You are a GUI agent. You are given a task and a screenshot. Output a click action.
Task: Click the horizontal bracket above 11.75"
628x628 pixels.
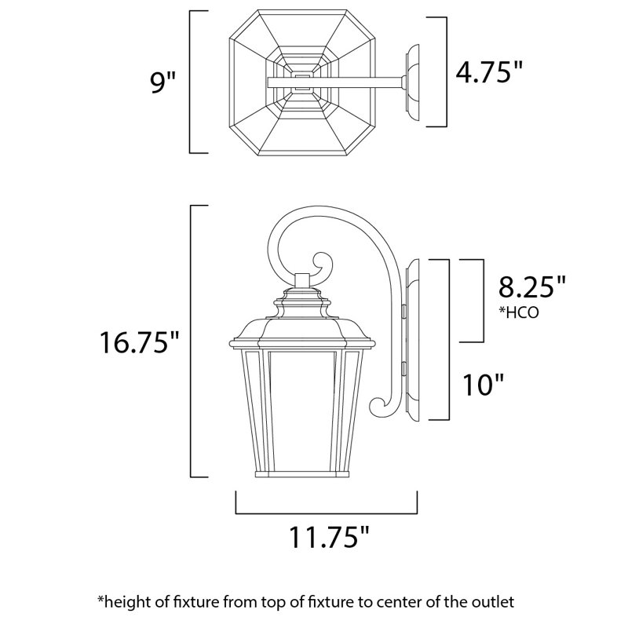(326, 512)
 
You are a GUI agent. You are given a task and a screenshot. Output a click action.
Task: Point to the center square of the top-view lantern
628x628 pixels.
(301, 82)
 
